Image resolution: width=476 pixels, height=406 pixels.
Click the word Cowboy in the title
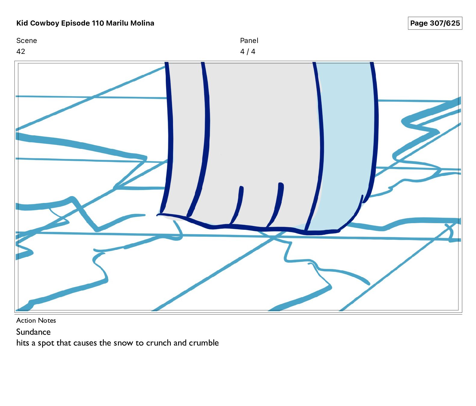coord(45,23)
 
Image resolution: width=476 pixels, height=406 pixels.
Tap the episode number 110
coord(98,23)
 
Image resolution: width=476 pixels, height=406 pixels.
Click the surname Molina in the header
coord(142,23)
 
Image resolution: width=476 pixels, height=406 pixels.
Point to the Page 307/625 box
coord(435,23)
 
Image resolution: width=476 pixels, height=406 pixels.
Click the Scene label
coord(26,41)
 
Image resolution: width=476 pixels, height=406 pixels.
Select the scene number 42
coord(21,51)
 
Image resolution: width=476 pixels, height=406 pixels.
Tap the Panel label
coord(249,41)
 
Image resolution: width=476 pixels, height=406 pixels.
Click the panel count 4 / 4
coord(248,51)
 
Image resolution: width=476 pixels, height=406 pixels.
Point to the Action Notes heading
coord(36,320)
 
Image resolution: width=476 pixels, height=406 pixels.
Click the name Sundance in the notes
coord(33,332)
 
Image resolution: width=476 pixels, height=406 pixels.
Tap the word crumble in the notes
coord(204,343)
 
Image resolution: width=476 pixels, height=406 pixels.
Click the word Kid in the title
coord(22,23)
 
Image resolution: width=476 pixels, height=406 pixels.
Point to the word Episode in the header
coord(76,23)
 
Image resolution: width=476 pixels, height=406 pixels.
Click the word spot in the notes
coord(46,343)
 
